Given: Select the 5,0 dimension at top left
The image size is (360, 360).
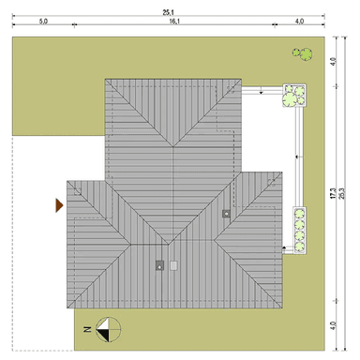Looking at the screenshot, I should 43,20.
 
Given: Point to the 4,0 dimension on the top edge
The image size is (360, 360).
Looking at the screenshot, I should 298,20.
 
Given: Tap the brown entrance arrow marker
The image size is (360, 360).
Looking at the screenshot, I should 58,203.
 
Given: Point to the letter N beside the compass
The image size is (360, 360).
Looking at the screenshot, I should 86,329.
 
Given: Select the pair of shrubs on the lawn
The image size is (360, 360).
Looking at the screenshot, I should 300,54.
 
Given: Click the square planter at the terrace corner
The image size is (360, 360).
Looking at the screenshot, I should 292,96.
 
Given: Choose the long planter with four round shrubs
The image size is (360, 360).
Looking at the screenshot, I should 300,230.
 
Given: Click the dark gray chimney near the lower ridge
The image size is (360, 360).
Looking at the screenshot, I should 159,265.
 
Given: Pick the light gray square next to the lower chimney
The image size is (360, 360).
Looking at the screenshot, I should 173,265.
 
